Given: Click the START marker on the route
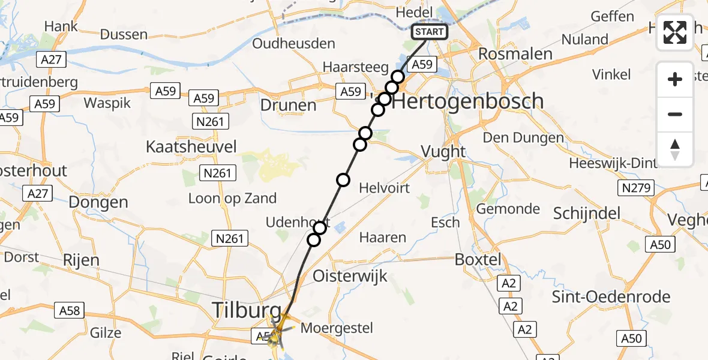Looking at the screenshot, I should pos(430,32).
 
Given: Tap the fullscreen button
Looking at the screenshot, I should pos(675,32).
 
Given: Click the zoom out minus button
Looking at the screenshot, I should pos(675,114).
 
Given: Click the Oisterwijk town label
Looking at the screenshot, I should pos(350,277).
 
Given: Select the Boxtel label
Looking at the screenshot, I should pos(477,260).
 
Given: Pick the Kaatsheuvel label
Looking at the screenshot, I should pos(191,146).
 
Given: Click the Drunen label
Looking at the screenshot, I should pos(288,106).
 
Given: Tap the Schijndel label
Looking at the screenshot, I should pos(587,213).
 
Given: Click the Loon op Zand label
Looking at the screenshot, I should pos(232,198).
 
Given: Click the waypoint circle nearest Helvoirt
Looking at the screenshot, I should pos(343,179).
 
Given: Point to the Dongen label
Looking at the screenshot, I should pos(98,202).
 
